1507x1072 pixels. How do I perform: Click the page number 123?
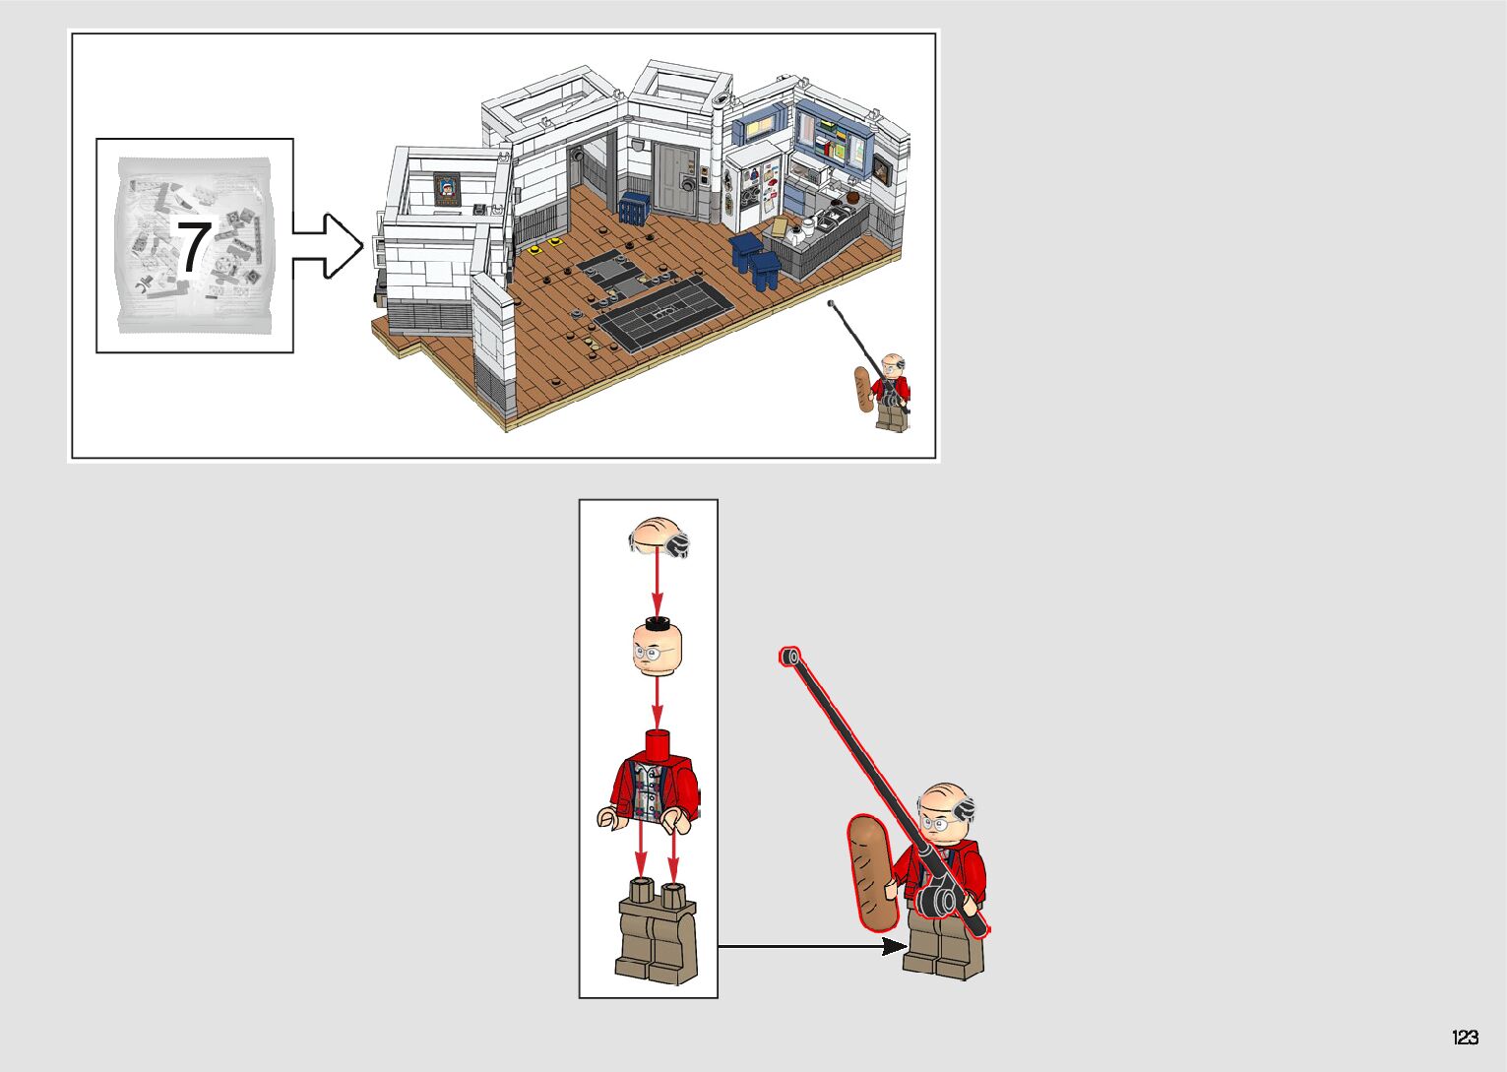(x=1465, y=1037)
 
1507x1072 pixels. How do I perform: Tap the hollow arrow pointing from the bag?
(x=328, y=246)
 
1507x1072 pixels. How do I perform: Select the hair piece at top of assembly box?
(x=658, y=537)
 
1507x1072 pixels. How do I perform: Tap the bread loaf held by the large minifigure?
(x=870, y=872)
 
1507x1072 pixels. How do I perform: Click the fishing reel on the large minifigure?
(x=940, y=897)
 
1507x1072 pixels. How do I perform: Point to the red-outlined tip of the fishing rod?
(x=789, y=656)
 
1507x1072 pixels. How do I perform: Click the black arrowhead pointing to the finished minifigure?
(x=893, y=946)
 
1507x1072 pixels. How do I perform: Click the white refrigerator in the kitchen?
(x=754, y=188)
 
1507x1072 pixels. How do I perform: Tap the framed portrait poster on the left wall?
(x=448, y=188)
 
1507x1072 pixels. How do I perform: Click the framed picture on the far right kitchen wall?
(x=881, y=171)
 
